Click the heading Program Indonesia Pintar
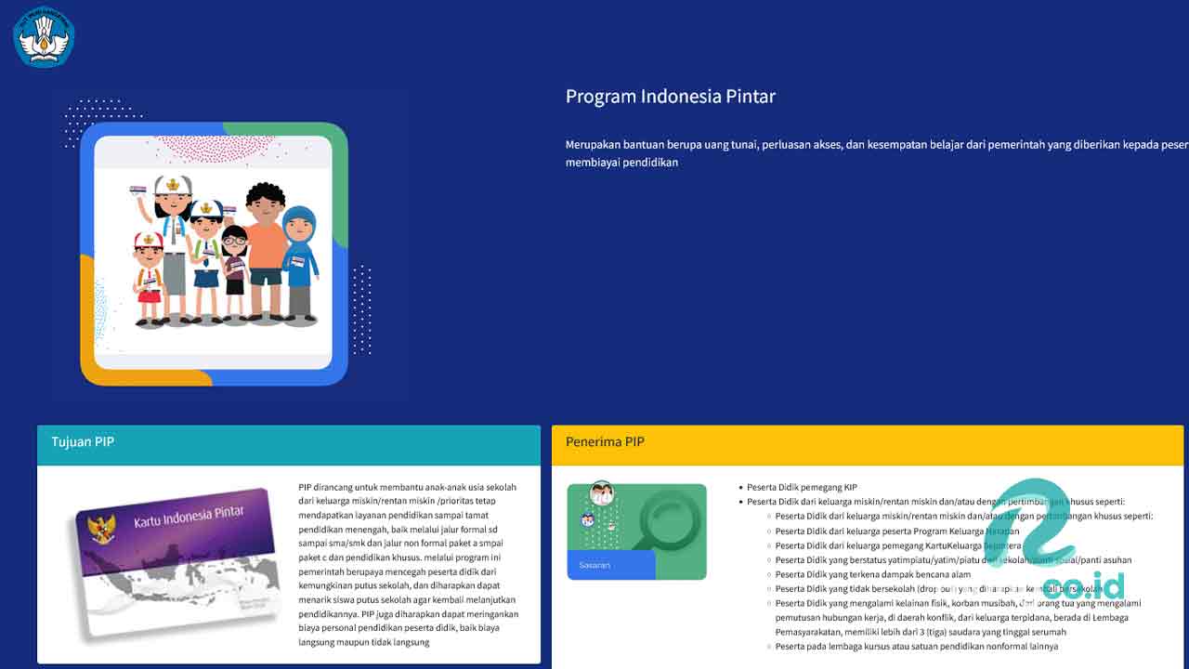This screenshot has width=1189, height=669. (670, 97)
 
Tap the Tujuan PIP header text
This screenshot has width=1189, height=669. (83, 442)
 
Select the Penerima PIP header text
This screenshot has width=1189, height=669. (605, 442)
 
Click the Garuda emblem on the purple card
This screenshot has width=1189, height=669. (101, 529)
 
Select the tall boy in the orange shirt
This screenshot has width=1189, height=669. (266, 251)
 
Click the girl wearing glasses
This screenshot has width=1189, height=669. (234, 269)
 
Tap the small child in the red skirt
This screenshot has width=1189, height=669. (149, 279)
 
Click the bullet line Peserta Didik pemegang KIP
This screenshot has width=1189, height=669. (802, 487)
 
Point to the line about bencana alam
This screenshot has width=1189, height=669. (872, 574)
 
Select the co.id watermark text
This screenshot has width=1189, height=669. (1083, 586)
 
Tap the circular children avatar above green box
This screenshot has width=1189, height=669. (601, 492)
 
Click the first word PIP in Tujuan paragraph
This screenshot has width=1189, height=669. (306, 487)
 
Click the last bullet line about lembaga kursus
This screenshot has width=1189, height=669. (916, 646)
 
